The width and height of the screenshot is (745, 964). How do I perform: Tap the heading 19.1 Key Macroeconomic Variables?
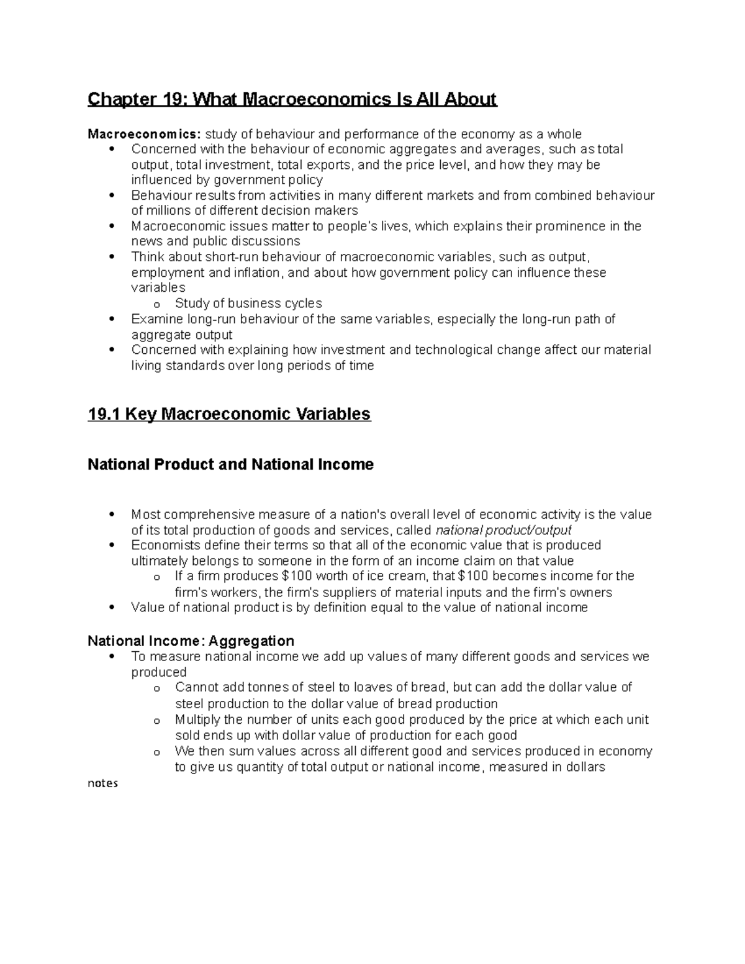click(229, 414)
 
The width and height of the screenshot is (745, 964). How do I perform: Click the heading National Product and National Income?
click(230, 465)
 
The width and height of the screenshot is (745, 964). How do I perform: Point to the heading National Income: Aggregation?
click(191, 641)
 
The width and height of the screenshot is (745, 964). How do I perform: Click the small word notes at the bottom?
click(102, 783)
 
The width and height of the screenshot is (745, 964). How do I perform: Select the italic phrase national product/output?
click(503, 530)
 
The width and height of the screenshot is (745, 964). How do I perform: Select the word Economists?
click(166, 545)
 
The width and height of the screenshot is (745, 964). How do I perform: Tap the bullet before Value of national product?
click(112, 607)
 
